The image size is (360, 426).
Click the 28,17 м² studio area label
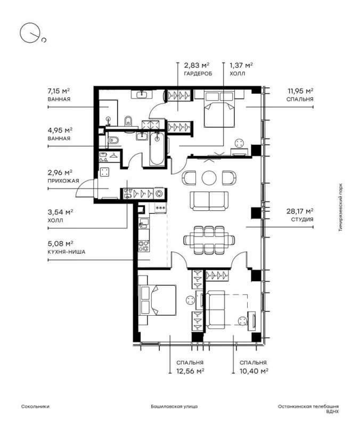coord(300,211)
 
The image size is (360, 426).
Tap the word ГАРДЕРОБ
coord(198,73)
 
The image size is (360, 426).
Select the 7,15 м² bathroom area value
coord(59,91)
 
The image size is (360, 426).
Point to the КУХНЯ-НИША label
coord(67,252)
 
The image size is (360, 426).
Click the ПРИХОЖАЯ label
coord(63,181)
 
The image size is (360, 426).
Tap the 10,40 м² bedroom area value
coord(254,371)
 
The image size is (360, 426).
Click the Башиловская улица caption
coord(175,407)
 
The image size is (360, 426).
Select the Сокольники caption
coord(35,407)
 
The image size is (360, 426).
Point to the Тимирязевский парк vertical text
coord(341,208)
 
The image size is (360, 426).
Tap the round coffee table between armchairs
coord(209,178)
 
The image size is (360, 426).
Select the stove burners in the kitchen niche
coord(143,246)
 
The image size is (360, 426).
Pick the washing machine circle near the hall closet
coord(159,194)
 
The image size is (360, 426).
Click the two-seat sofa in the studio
coord(209,201)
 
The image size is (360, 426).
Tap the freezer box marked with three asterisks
coord(160,208)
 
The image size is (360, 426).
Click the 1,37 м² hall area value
coord(242,65)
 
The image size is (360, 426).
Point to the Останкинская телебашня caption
coord(308,407)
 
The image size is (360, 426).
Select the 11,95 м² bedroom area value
coord(300,91)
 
